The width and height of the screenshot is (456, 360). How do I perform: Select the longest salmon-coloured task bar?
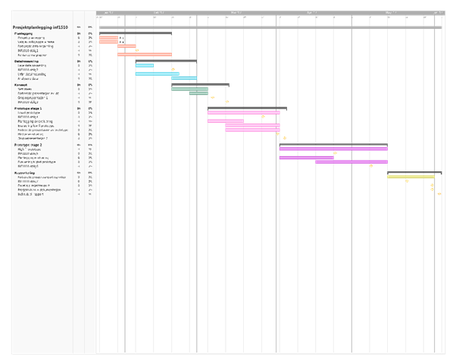tap(144, 55)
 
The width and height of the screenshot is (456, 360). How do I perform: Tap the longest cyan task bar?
tap(157, 74)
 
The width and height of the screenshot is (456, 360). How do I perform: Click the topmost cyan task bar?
tap(145, 65)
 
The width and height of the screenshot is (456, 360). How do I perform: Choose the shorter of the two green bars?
tap(198, 93)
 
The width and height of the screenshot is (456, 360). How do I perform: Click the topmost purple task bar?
tap(333, 149)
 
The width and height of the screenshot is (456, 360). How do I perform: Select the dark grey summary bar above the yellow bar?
tap(414, 172)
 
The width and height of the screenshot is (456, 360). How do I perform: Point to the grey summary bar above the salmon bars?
tap(135, 33)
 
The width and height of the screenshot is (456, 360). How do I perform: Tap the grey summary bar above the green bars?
tap(200, 84)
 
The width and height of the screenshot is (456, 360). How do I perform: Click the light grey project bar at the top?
tap(270, 28)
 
